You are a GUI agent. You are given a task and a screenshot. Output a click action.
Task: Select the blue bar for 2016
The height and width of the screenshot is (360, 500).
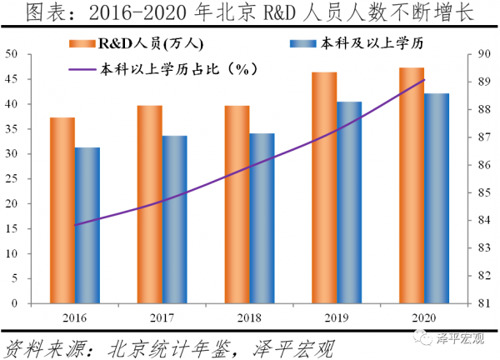point(87,226)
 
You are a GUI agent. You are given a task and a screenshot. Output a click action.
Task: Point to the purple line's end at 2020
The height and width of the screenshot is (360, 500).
point(425,80)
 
